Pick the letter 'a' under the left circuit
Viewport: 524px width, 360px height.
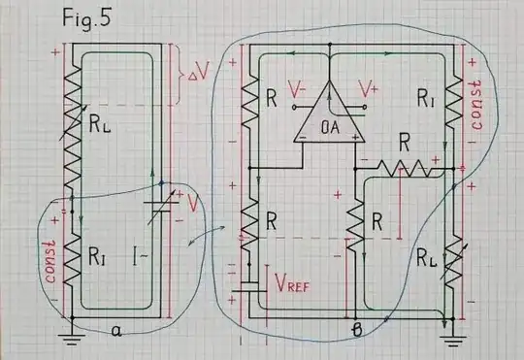(x=115, y=331)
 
